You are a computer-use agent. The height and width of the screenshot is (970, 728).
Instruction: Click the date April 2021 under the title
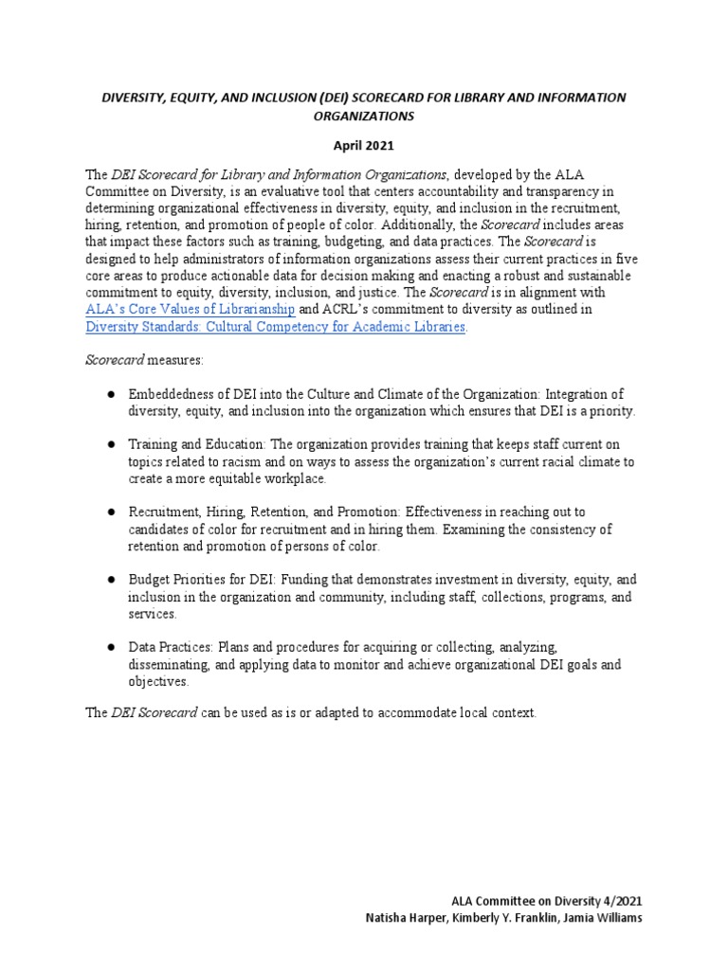(x=363, y=147)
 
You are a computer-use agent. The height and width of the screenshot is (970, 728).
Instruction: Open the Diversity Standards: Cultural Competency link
(x=276, y=327)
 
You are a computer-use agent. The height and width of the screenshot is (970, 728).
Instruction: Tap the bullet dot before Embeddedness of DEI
(x=110, y=394)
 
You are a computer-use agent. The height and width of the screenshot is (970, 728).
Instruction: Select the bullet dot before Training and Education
(x=110, y=444)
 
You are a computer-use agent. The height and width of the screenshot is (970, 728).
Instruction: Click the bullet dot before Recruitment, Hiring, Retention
(x=110, y=512)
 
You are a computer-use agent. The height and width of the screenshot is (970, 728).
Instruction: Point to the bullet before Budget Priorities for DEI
(x=110, y=579)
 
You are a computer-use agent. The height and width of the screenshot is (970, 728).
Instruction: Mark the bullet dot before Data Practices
(x=110, y=647)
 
